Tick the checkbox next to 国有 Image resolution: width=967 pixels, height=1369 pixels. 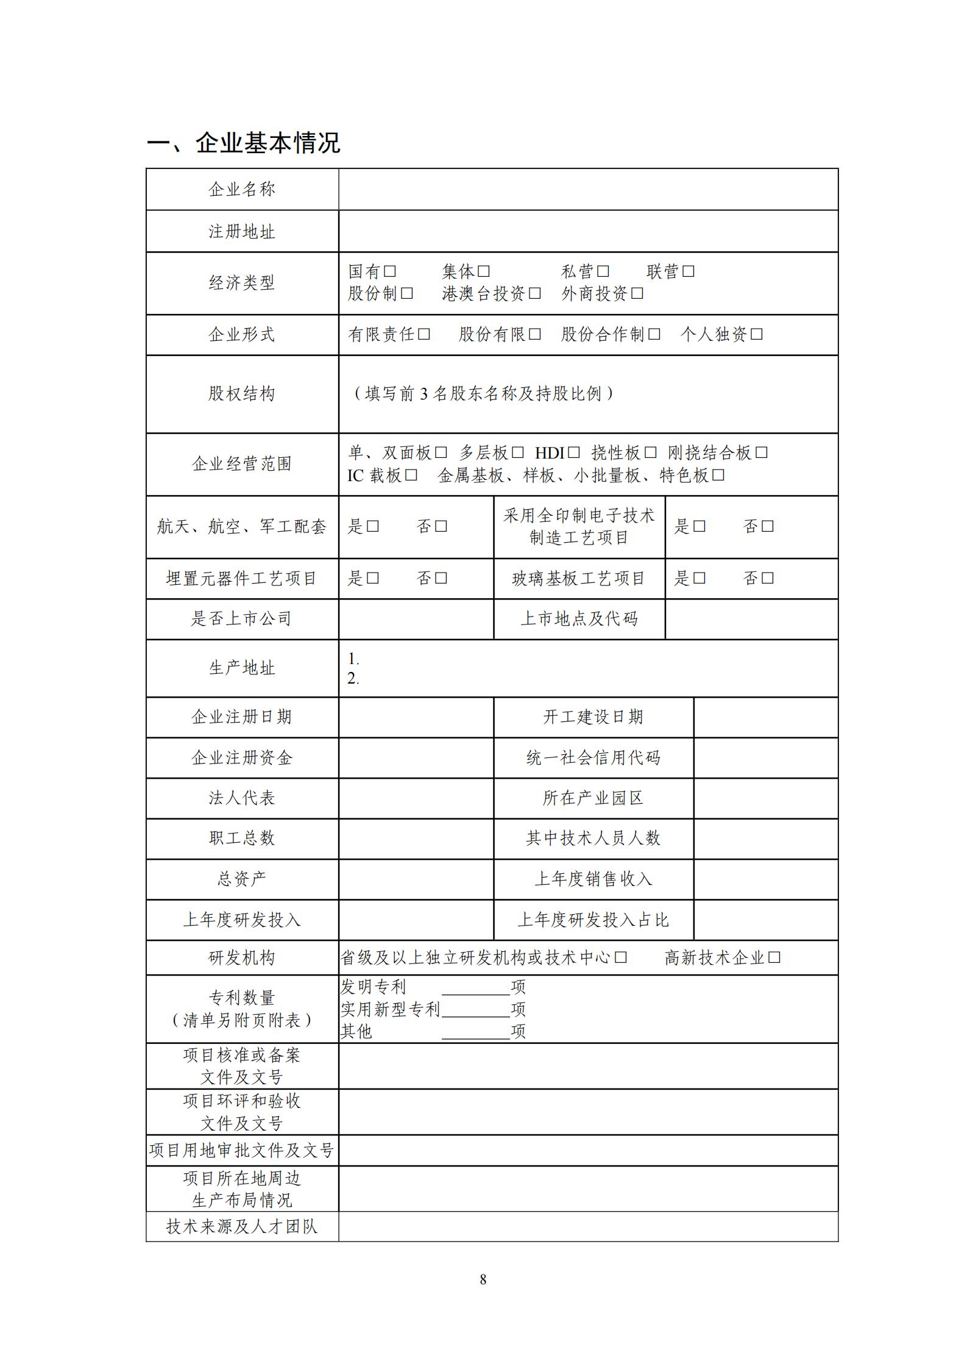click(390, 271)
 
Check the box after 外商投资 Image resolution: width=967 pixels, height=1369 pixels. click(637, 294)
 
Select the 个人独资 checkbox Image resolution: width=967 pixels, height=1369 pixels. click(756, 334)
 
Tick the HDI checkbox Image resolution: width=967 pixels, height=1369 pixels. click(573, 452)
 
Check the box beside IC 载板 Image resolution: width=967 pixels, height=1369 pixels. click(411, 475)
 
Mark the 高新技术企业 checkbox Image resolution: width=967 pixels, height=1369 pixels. click(774, 957)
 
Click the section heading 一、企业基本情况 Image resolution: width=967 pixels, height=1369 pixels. click(243, 143)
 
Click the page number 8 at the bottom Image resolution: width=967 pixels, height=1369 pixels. click(483, 1279)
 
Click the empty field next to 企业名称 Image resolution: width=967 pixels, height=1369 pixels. click(588, 190)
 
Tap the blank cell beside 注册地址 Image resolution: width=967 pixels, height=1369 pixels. click(588, 232)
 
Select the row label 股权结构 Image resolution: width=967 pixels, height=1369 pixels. click(242, 394)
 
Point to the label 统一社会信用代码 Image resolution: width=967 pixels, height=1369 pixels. click(593, 758)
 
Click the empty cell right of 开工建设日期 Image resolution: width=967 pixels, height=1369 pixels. click(765, 717)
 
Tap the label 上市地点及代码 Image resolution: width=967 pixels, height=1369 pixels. click(579, 619)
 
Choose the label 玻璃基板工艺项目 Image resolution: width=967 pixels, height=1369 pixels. click(579, 579)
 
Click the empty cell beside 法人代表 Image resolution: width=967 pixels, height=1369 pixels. click(416, 798)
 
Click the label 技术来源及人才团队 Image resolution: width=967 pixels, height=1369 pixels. click(242, 1226)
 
